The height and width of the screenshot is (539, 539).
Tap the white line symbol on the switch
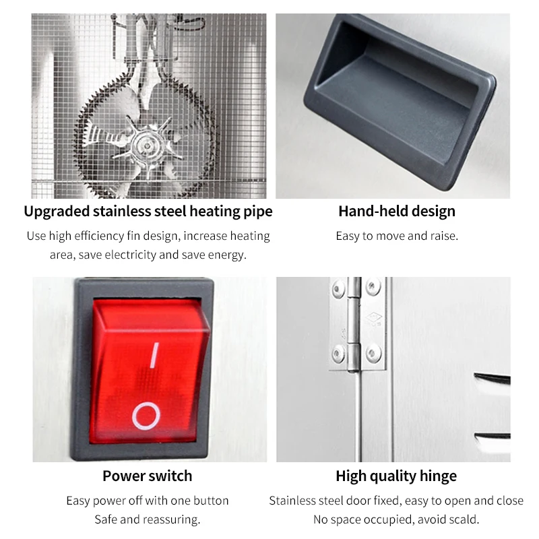(x=155, y=355)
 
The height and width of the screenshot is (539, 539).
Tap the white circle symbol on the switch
(x=146, y=416)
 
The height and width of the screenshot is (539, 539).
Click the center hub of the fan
(x=147, y=146)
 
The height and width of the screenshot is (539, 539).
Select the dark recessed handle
(x=400, y=102)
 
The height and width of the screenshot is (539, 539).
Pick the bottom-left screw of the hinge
(x=339, y=354)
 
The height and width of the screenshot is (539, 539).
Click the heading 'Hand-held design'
(x=397, y=211)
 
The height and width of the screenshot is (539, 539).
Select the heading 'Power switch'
(x=147, y=476)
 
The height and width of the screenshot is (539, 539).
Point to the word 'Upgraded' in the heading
(x=57, y=212)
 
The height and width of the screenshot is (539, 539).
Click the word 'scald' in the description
(x=465, y=519)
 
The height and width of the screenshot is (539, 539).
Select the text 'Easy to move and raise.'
(x=397, y=236)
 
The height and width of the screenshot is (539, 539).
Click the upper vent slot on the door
(x=492, y=377)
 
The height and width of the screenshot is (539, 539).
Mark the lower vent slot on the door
(x=493, y=437)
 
